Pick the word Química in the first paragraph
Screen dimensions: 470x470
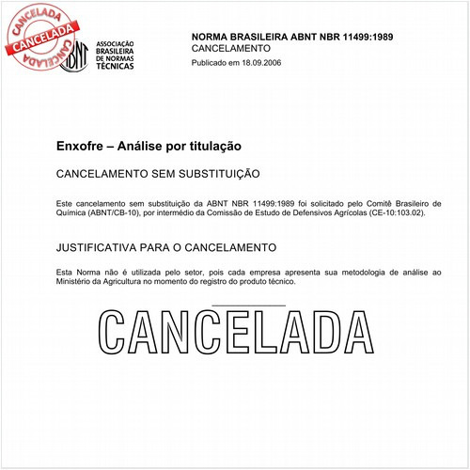(x=71, y=213)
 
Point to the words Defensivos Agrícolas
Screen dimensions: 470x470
(x=310, y=213)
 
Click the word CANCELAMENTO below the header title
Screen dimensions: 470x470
(x=230, y=48)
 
